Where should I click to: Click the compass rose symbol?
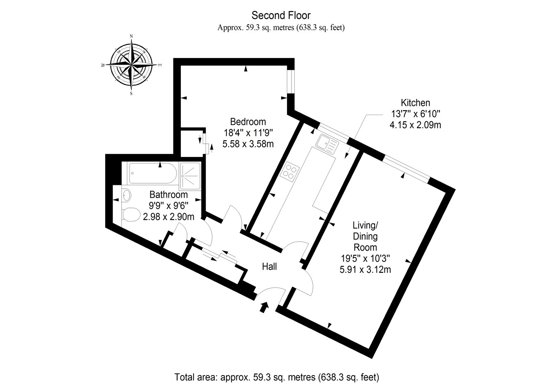click(131, 65)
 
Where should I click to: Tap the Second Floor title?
click(281, 16)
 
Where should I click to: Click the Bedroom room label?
click(248, 122)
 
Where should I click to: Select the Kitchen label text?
click(415, 103)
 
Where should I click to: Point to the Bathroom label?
click(169, 194)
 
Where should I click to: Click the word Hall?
click(269, 266)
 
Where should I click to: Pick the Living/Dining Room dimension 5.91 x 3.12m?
click(365, 270)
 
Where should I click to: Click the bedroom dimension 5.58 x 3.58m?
click(248, 144)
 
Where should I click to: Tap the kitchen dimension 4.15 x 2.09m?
click(415, 125)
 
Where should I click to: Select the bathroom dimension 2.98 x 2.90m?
click(169, 216)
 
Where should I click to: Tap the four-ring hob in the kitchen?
click(290, 171)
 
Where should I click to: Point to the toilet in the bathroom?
click(131, 214)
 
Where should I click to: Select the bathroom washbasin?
click(127, 195)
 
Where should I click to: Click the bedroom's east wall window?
click(291, 81)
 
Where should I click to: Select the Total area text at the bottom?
click(277, 377)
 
